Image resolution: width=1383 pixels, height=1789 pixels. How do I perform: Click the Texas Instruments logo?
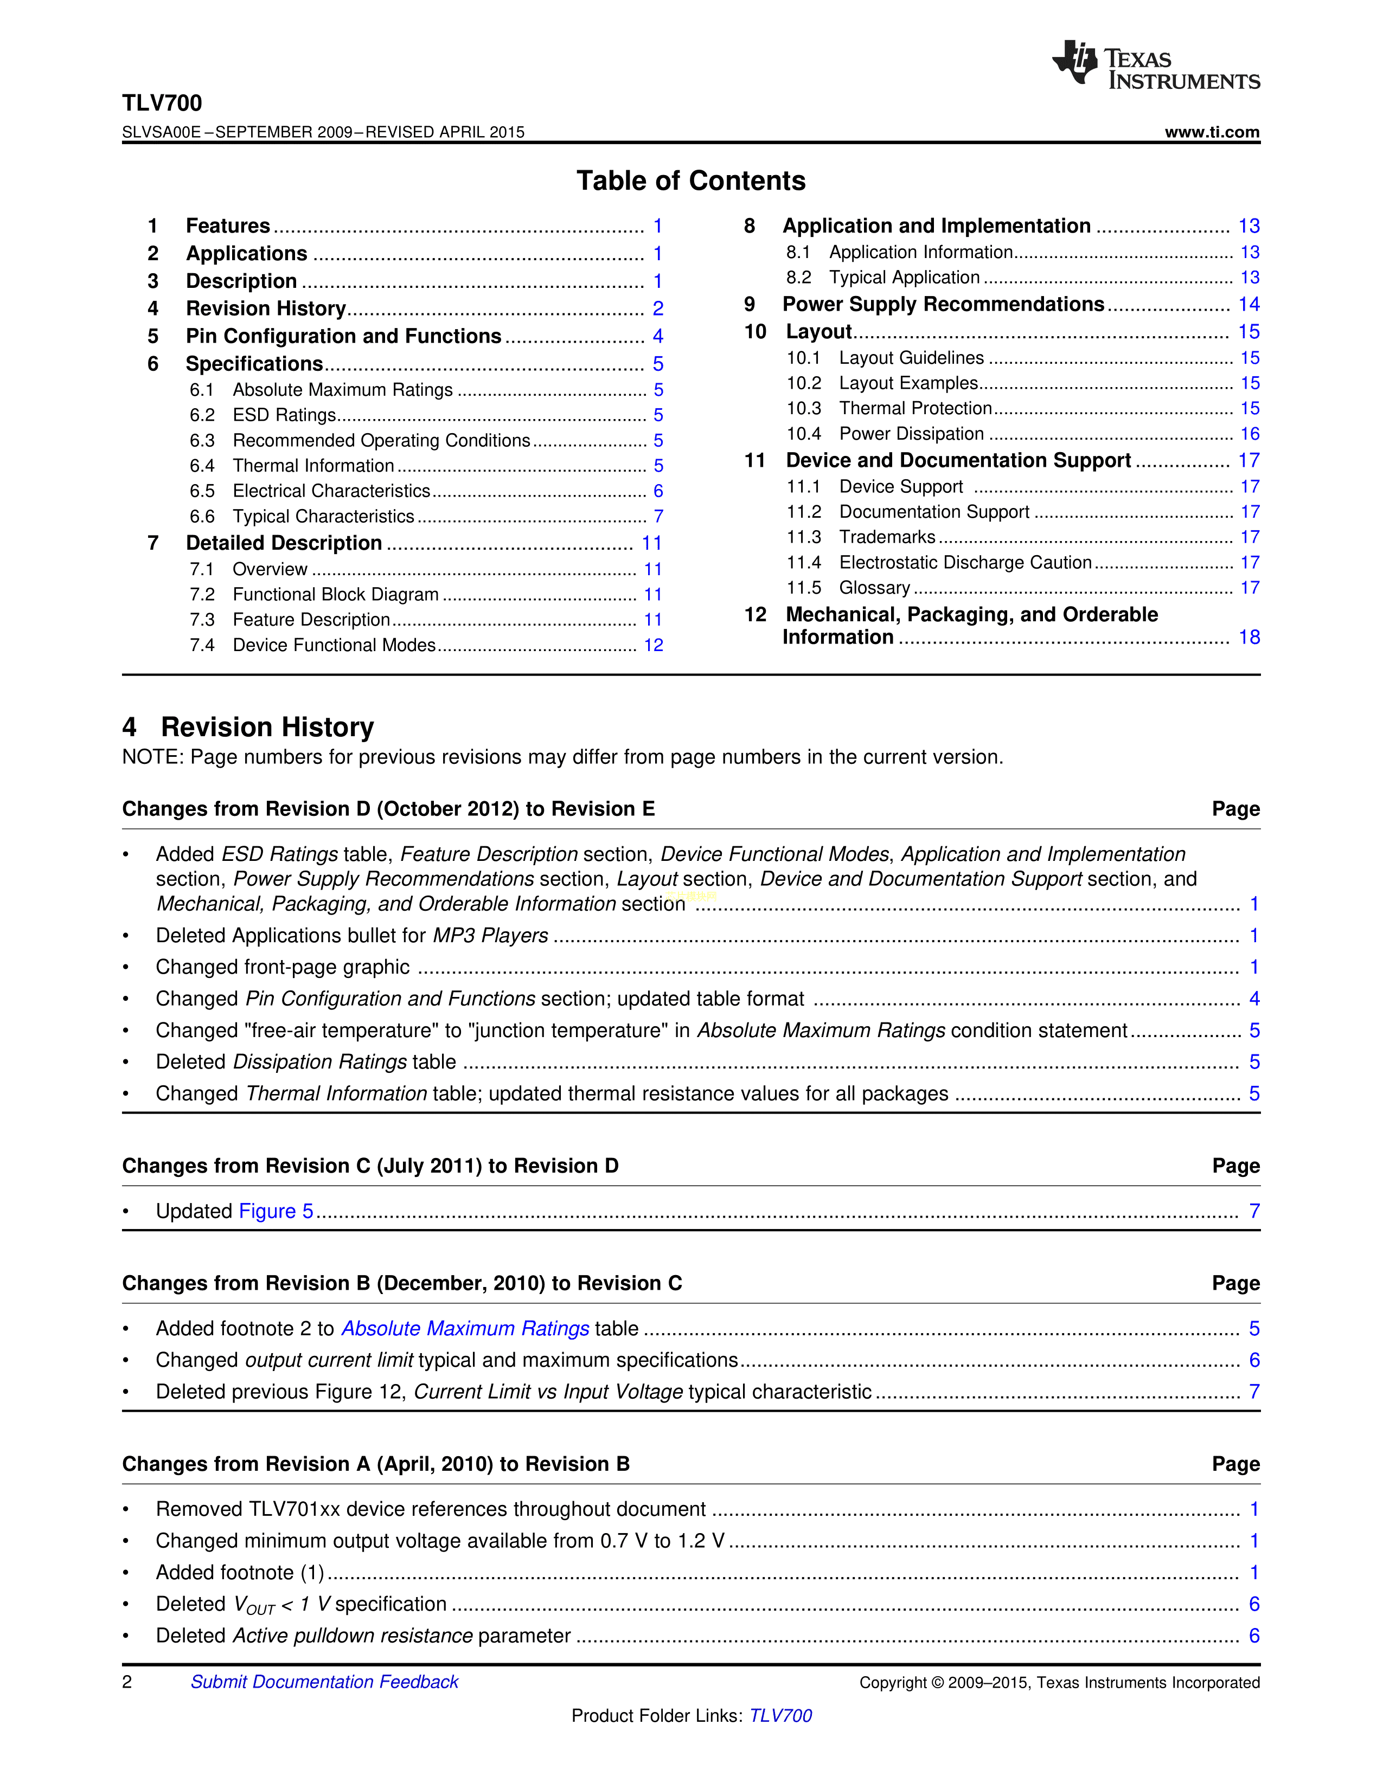pyautogui.click(x=1155, y=65)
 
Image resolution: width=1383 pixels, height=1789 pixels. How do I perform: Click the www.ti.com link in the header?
pyautogui.click(x=1212, y=132)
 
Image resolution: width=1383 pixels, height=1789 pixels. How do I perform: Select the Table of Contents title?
pyautogui.click(x=690, y=180)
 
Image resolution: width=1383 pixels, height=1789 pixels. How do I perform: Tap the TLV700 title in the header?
pyautogui.click(x=162, y=102)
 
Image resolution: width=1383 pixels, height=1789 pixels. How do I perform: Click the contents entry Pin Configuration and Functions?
pyautogui.click(x=343, y=336)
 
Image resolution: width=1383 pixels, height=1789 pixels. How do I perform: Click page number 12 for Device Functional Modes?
pyautogui.click(x=653, y=646)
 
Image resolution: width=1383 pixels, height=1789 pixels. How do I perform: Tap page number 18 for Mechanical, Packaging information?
pyautogui.click(x=1248, y=638)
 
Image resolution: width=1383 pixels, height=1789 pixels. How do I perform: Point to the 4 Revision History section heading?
pyautogui.click(x=248, y=726)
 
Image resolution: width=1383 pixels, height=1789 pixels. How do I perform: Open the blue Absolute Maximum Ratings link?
pyautogui.click(x=465, y=1328)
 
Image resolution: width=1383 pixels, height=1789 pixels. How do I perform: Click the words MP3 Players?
pyautogui.click(x=491, y=936)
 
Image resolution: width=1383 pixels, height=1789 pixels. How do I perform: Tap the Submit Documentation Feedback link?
pyautogui.click(x=324, y=1682)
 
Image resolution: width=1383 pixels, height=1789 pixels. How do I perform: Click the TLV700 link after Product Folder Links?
pyautogui.click(x=781, y=1715)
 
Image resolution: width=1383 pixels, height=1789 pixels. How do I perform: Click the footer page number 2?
pyautogui.click(x=127, y=1682)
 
